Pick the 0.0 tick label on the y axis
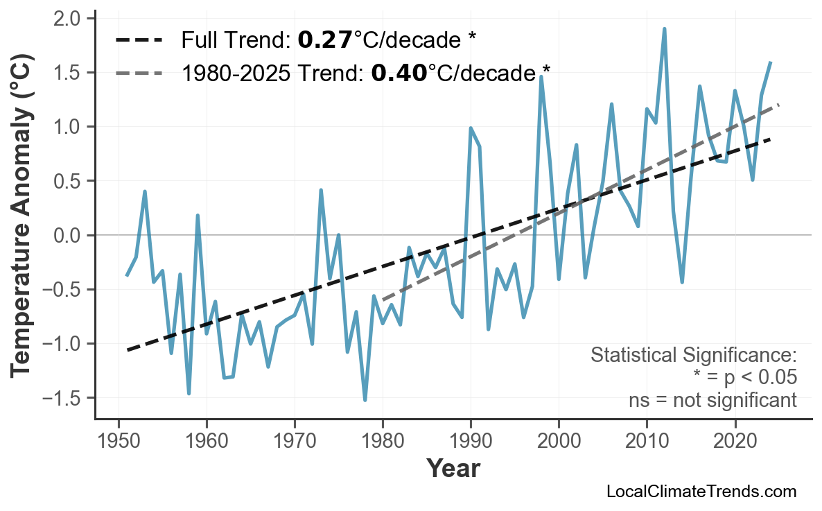69,236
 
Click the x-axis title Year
453,469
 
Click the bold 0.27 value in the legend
325,40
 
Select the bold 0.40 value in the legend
399,72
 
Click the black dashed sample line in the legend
139,40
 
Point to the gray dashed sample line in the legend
139,72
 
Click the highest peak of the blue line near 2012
664,29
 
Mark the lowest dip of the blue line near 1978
365,400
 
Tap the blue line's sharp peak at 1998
541,76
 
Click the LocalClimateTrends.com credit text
701,492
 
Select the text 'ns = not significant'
712,400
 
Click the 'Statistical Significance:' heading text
693,356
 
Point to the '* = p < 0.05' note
745,378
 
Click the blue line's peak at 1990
471,128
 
